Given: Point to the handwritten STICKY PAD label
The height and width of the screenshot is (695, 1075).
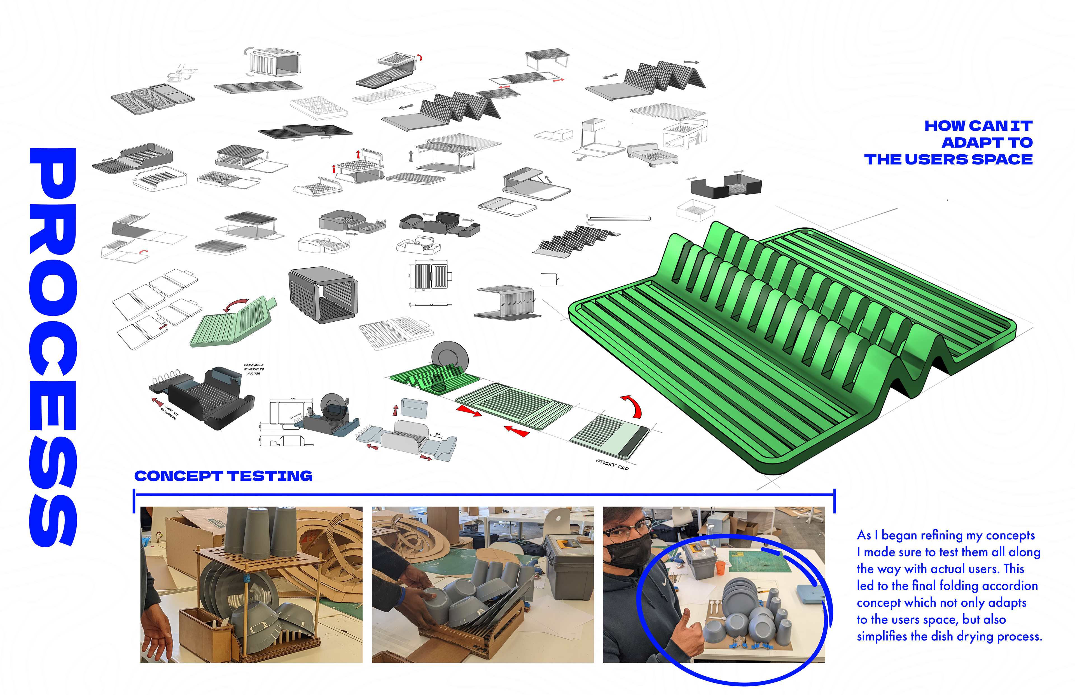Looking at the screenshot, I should (x=612, y=464).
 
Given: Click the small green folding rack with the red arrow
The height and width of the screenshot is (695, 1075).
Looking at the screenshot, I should (x=233, y=321).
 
